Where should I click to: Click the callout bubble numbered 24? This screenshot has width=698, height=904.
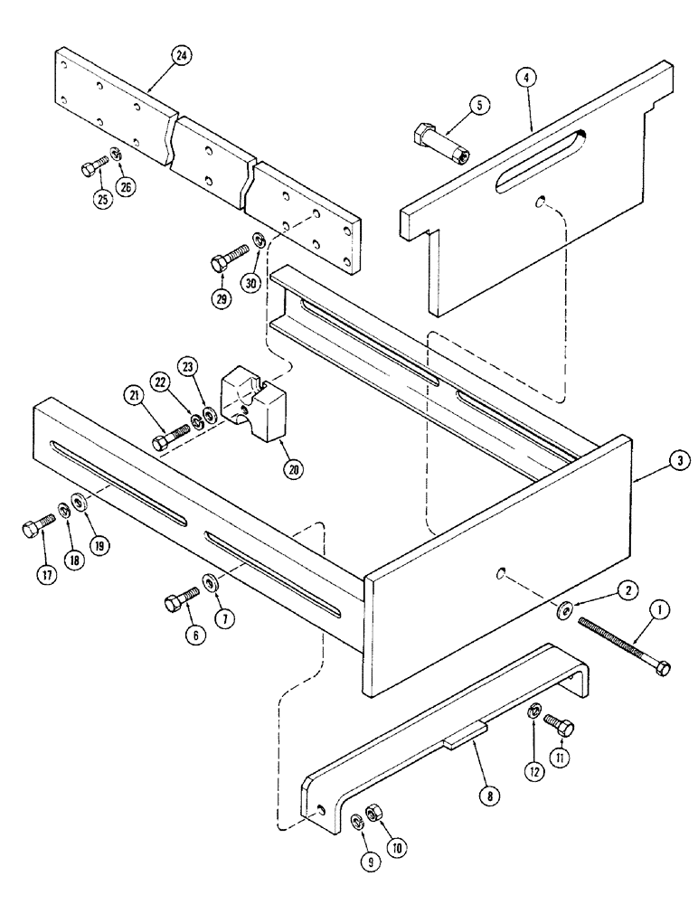(x=183, y=55)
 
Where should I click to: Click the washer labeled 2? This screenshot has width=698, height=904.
(x=563, y=612)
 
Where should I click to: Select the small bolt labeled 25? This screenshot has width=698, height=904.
(x=90, y=167)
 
